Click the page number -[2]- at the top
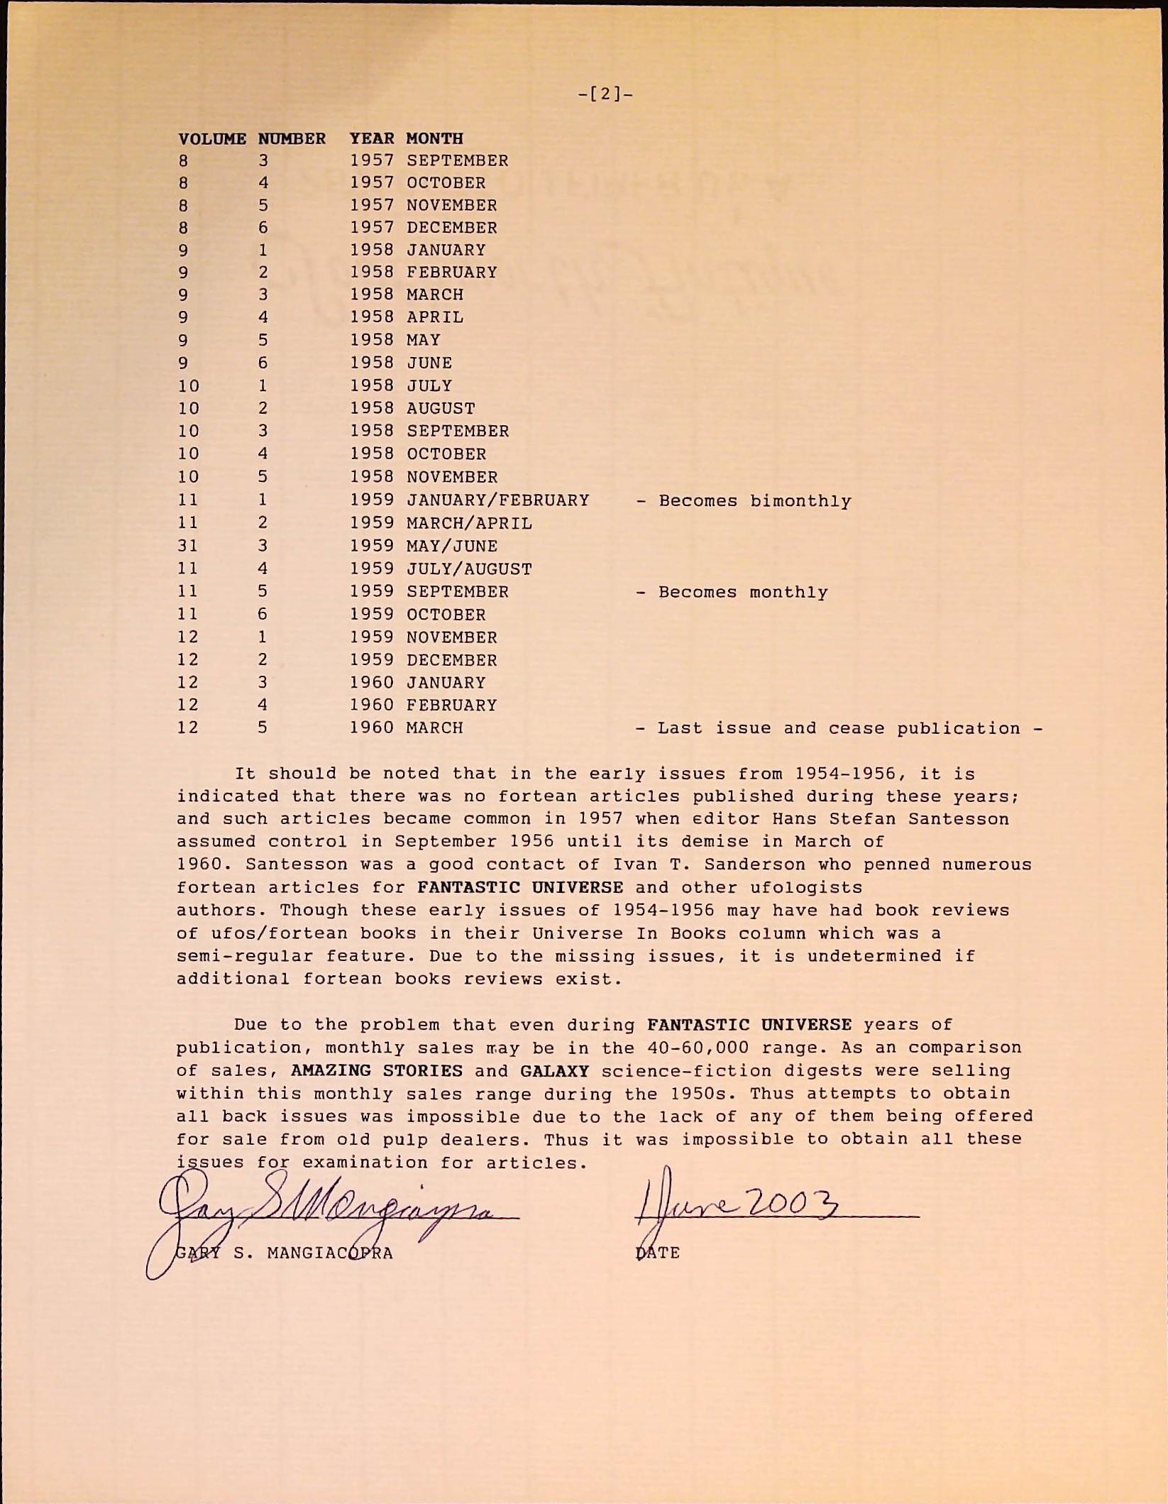pos(605,94)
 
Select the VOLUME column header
pos(212,138)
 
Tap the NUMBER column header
pos(292,138)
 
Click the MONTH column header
pos(434,138)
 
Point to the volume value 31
pos(188,546)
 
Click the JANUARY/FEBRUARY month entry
pos(497,500)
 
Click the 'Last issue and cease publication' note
pos(839,728)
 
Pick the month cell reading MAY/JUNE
pos(452,546)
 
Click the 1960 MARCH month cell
pos(434,728)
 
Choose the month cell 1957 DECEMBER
pos(452,228)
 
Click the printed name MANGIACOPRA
pos(330,1253)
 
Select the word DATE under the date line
pos(658,1253)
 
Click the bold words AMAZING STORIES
pos(377,1070)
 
